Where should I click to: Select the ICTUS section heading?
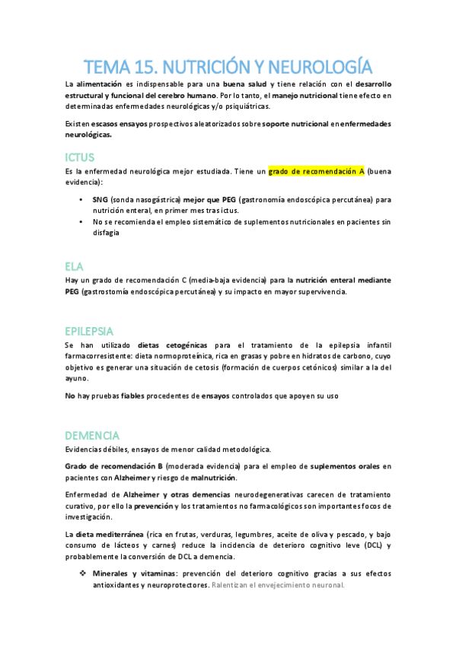point(80,157)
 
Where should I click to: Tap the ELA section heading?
point(74,265)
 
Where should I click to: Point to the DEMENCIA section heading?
point(92,435)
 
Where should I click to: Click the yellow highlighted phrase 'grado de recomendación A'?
point(315,173)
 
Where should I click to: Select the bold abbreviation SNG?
point(101,199)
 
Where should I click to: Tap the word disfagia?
point(107,233)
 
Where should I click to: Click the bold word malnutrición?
point(212,477)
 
